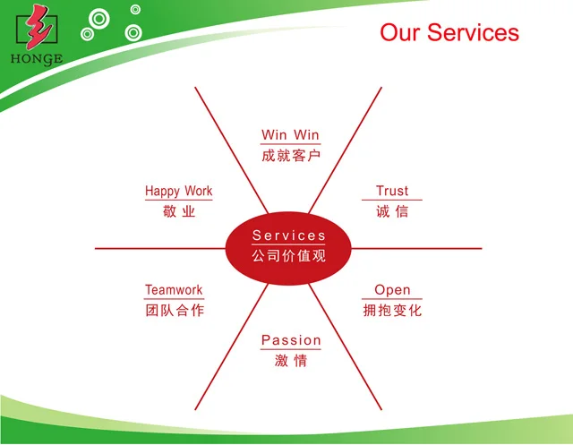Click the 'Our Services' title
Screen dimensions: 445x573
[449, 33]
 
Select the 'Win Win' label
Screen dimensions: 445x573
[290, 135]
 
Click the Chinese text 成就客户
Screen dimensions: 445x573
[290, 156]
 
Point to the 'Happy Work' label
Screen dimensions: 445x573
[179, 191]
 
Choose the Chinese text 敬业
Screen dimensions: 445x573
[179, 212]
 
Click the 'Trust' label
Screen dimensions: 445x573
[392, 191]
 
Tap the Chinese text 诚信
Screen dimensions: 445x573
[392, 212]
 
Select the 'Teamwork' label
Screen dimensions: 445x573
[174, 290]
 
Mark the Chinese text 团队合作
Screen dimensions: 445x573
[174, 312]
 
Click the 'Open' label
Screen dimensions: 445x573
[392, 290]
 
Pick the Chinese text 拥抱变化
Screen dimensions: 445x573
[392, 312]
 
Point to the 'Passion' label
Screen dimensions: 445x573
[291, 340]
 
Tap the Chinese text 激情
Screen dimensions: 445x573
[291, 362]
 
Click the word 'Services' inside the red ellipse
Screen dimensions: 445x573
[289, 235]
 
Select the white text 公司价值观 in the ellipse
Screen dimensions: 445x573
[289, 256]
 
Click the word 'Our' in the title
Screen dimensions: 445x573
[400, 33]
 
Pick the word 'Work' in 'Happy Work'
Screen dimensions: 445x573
[199, 191]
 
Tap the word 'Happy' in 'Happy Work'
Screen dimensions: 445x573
[163, 191]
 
